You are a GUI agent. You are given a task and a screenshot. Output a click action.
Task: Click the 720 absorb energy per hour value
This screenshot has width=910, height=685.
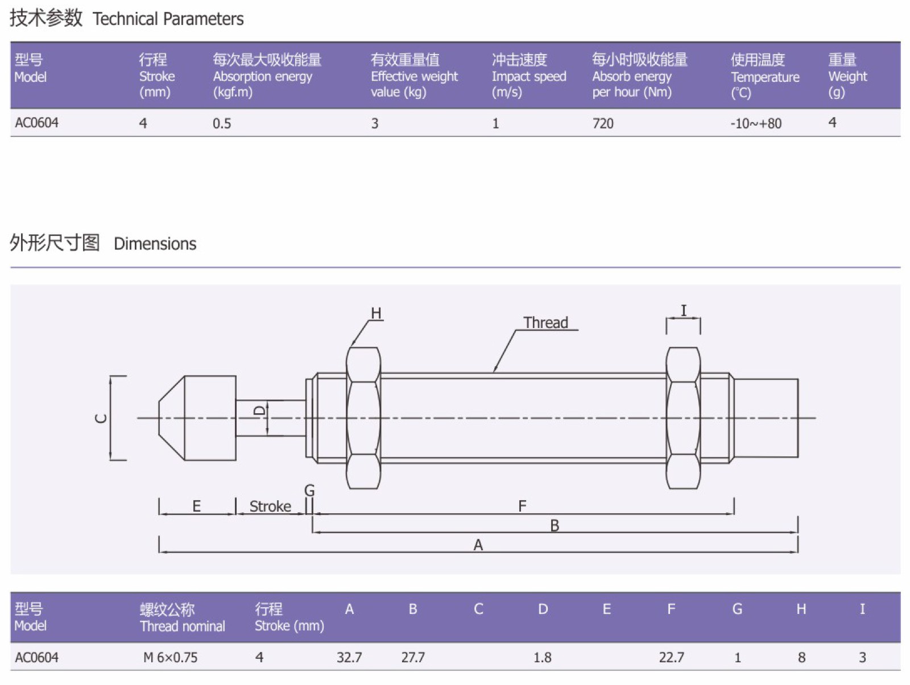pos(603,123)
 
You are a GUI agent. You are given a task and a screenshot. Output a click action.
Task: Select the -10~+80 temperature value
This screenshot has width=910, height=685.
pos(756,123)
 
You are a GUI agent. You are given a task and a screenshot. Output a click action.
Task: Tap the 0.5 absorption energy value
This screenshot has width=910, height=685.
pos(222,123)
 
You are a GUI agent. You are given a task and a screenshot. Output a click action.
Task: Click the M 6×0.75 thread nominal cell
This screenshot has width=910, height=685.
pos(170,658)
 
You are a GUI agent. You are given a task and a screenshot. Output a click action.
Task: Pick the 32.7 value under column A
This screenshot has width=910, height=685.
pos(349,658)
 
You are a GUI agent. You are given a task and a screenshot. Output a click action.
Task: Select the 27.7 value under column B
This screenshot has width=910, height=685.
pos(413,658)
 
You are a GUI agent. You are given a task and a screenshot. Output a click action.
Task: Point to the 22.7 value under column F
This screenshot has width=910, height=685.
pos(671,658)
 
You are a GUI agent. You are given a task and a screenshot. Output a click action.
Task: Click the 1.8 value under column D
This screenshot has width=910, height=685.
pos(542,658)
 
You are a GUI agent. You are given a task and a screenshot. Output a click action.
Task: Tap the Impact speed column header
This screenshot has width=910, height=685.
pos(528,76)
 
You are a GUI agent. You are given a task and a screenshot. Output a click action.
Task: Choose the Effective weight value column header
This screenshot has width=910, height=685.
pos(414,76)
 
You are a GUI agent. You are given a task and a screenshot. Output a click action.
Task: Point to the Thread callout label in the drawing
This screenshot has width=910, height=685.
pos(545,323)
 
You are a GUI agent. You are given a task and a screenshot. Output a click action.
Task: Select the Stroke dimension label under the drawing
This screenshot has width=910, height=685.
pos(270,507)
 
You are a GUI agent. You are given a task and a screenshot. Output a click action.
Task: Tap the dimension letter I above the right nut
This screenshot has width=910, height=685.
pos(684,310)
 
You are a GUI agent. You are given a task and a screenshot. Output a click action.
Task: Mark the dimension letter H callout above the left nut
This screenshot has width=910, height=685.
pos(376,313)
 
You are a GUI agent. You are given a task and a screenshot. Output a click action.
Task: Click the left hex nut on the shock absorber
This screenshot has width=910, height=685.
pos(363,418)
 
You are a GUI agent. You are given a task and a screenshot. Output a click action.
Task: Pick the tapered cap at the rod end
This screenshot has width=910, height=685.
pos(197,418)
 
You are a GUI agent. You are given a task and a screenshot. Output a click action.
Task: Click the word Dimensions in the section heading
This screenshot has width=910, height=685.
pos(155,244)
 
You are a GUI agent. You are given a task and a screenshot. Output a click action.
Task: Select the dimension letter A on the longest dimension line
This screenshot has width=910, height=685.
pos(478,545)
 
